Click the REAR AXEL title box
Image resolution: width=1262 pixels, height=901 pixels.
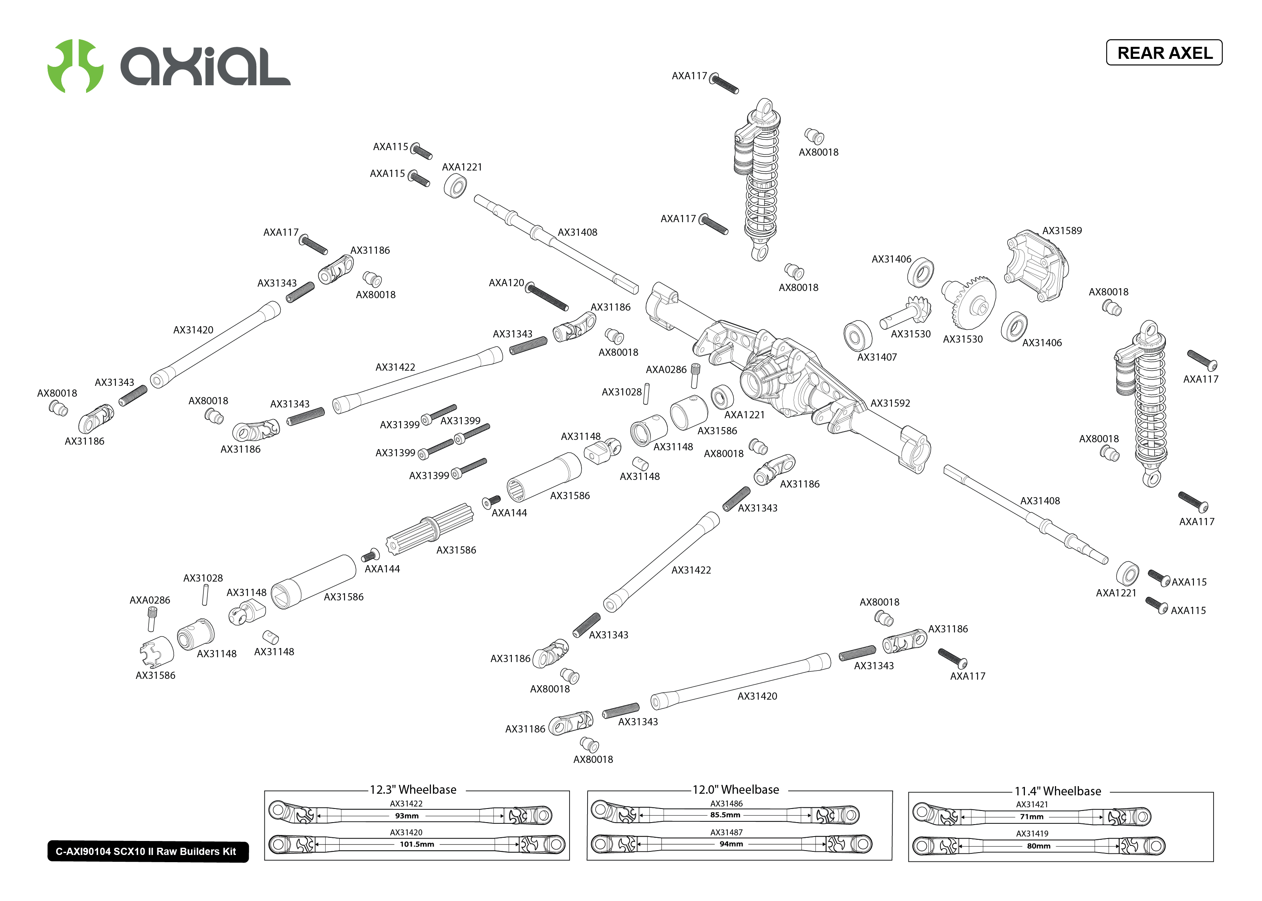[1164, 53]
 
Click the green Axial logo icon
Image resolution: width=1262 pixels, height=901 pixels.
[75, 66]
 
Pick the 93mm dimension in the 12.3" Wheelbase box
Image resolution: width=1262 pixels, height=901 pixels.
[407, 816]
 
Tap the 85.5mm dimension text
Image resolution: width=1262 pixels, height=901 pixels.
[725, 815]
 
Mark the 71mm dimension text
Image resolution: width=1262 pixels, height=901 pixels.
[1032, 817]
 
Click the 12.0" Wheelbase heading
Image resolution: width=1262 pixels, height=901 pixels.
[735, 789]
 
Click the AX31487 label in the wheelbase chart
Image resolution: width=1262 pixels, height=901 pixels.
[727, 832]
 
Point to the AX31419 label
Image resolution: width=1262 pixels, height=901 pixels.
[1032, 833]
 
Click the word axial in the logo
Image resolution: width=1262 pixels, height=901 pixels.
[205, 66]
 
